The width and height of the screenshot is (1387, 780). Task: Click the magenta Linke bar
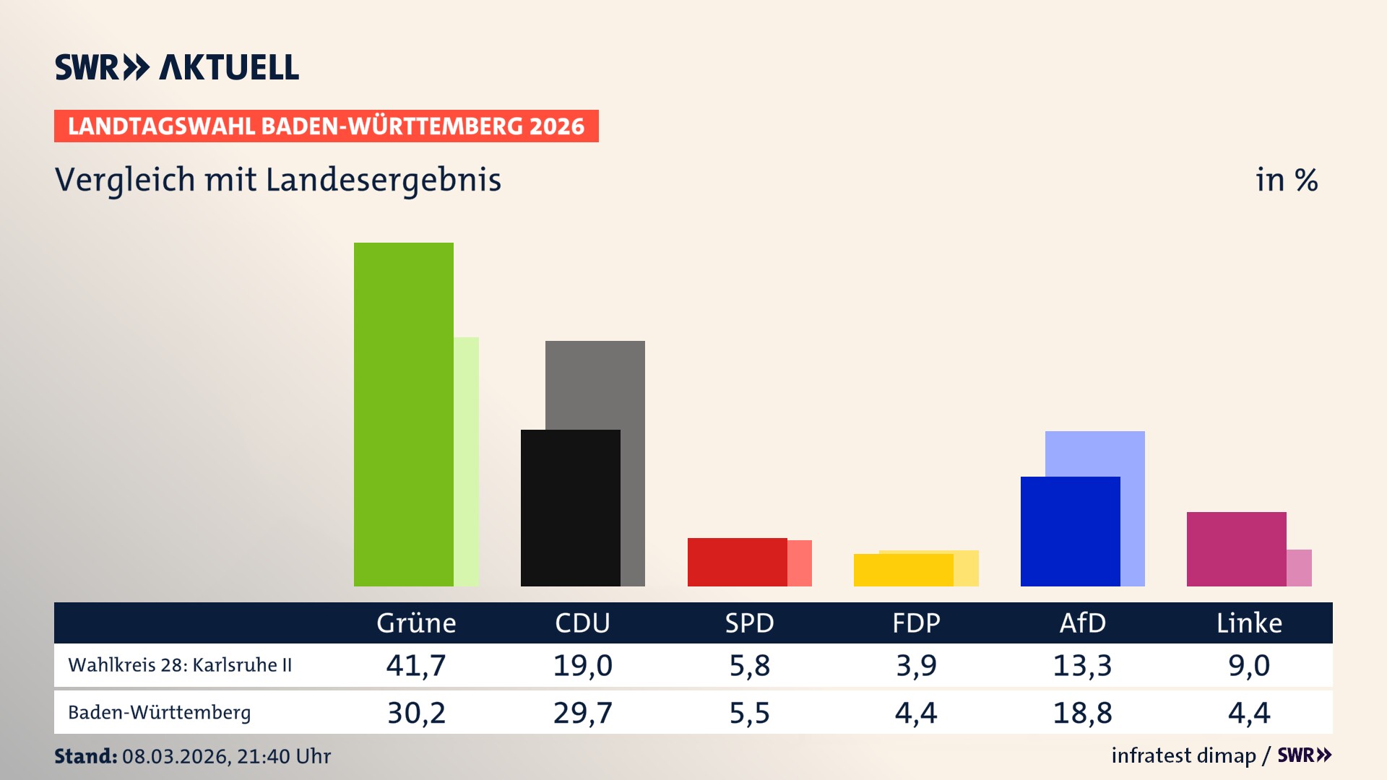(x=1236, y=549)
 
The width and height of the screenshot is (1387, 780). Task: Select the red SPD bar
(x=737, y=562)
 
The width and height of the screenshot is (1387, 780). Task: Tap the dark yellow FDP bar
(x=903, y=570)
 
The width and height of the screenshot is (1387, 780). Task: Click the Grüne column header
(x=416, y=623)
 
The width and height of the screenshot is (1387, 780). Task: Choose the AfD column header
(x=1082, y=623)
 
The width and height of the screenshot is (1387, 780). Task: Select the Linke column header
(x=1249, y=623)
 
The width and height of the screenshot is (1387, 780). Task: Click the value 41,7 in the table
(x=416, y=665)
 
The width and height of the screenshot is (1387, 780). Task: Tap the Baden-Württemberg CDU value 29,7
(x=582, y=713)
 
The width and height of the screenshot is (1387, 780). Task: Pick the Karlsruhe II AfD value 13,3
(x=1082, y=665)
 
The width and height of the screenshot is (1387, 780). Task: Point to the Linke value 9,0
(x=1249, y=665)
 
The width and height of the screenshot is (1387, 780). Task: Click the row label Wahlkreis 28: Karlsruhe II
(x=180, y=665)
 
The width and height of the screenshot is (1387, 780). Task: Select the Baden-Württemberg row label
(x=159, y=713)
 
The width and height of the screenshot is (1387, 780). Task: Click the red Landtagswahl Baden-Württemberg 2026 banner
(x=326, y=126)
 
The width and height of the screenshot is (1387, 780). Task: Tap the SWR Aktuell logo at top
(x=176, y=67)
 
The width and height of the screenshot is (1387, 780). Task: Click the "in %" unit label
(x=1286, y=180)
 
